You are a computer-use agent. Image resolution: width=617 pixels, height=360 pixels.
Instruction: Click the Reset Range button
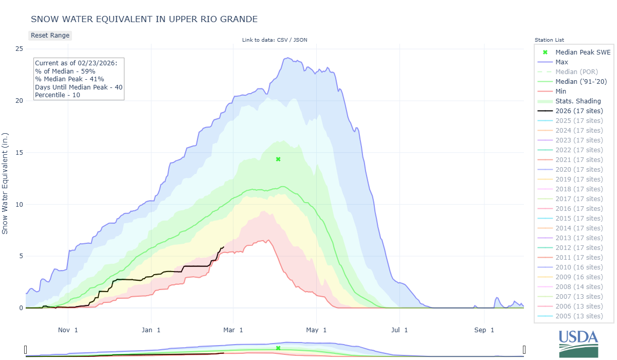click(50, 35)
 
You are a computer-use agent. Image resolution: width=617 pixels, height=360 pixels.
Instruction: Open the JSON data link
click(300, 40)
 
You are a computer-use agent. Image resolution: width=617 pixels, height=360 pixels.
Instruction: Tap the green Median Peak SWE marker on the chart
click(278, 159)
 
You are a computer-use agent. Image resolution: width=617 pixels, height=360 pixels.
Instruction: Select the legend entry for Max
click(561, 62)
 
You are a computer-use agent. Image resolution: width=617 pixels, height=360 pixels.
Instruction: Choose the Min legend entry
click(561, 91)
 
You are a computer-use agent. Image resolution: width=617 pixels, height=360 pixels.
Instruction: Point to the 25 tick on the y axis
click(19, 49)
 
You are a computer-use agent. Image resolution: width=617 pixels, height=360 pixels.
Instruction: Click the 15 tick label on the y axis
click(19, 153)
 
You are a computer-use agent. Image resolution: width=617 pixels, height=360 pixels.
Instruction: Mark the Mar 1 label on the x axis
click(233, 330)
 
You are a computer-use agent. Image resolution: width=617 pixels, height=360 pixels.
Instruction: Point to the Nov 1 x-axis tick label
click(68, 330)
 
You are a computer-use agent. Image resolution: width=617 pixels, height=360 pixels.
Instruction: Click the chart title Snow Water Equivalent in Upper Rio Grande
click(144, 19)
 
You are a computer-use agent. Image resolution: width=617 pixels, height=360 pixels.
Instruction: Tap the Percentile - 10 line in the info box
click(58, 95)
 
